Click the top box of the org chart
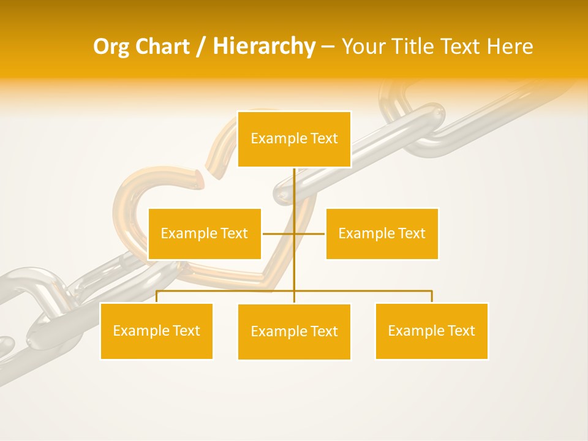pyautogui.click(x=294, y=139)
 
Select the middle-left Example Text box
pyautogui.click(x=205, y=233)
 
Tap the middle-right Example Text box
pyautogui.click(x=382, y=233)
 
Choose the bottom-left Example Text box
pyautogui.click(x=156, y=331)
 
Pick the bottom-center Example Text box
pyautogui.click(x=294, y=331)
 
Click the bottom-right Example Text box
pyautogui.click(x=431, y=331)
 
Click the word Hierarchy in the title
pyautogui.click(x=264, y=47)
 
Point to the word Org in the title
pyautogui.click(x=111, y=47)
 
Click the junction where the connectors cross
pyautogui.click(x=294, y=233)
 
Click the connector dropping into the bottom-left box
pyautogui.click(x=156, y=296)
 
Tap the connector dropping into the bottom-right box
pyautogui.click(x=432, y=296)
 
